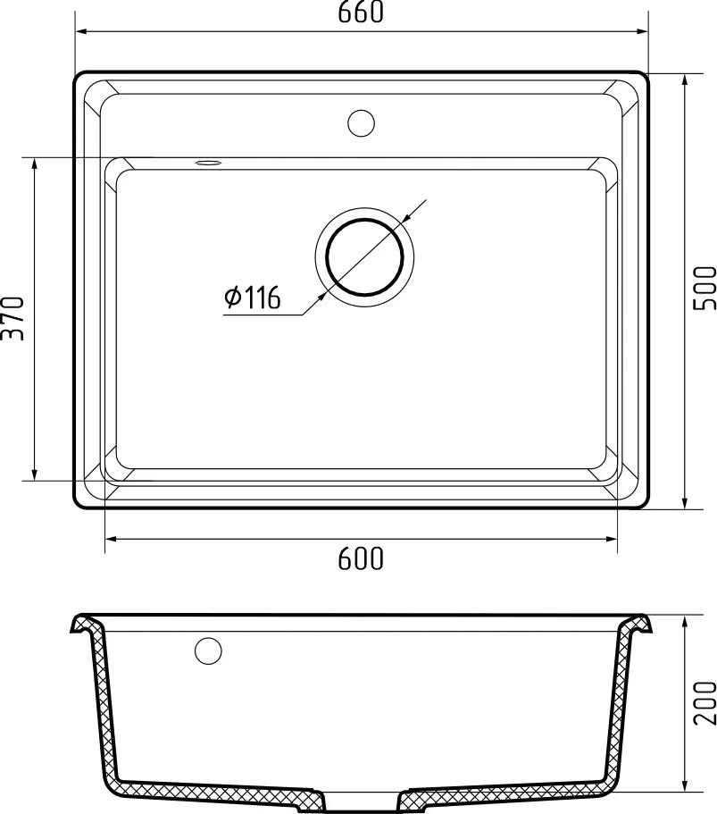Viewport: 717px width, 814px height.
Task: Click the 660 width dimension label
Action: (361, 12)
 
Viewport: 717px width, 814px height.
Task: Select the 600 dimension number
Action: (361, 558)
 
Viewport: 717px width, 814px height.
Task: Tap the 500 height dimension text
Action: (705, 289)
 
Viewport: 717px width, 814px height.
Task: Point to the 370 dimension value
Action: (13, 318)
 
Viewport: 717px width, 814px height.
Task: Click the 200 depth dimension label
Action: (705, 702)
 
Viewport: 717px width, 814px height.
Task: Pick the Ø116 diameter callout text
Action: (252, 297)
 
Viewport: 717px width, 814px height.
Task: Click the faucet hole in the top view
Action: (361, 122)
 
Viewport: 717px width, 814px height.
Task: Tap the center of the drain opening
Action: (364, 256)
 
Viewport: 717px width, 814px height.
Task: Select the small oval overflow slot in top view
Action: (209, 163)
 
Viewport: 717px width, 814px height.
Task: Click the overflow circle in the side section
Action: (208, 650)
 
